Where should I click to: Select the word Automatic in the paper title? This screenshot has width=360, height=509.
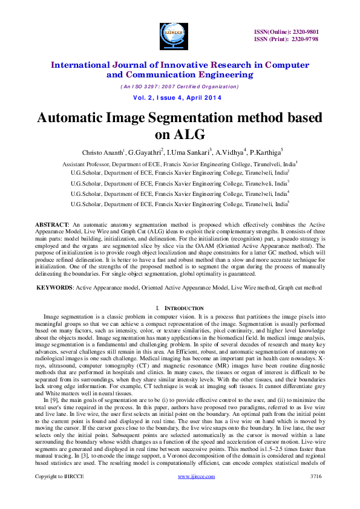click(x=78, y=117)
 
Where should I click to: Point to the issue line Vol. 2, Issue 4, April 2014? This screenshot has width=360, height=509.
click(x=177, y=97)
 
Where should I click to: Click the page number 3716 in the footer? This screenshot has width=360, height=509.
click(x=316, y=494)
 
